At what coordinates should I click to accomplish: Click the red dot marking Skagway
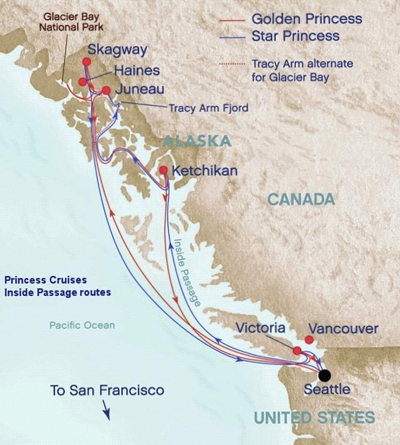point(87,62)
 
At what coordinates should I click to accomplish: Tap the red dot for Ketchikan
point(163,170)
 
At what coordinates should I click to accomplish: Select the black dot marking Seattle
point(325,375)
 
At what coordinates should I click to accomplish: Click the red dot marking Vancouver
point(309,340)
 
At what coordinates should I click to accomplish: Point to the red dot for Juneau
point(106,90)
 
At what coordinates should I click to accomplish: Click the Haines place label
point(137,70)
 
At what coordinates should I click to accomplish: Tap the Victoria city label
point(260,328)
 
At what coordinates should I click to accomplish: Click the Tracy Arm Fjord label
point(208,108)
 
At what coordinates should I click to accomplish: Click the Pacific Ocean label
point(82,325)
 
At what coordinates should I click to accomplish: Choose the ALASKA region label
point(197,141)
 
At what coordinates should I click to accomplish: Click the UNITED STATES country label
point(314,417)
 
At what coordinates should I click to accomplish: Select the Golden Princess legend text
point(307,19)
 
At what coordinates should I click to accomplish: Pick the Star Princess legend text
point(295,36)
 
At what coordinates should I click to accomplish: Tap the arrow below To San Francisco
point(106,410)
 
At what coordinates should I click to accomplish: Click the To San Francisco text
point(107,390)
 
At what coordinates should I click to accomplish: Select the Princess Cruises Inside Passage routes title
point(57,286)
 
